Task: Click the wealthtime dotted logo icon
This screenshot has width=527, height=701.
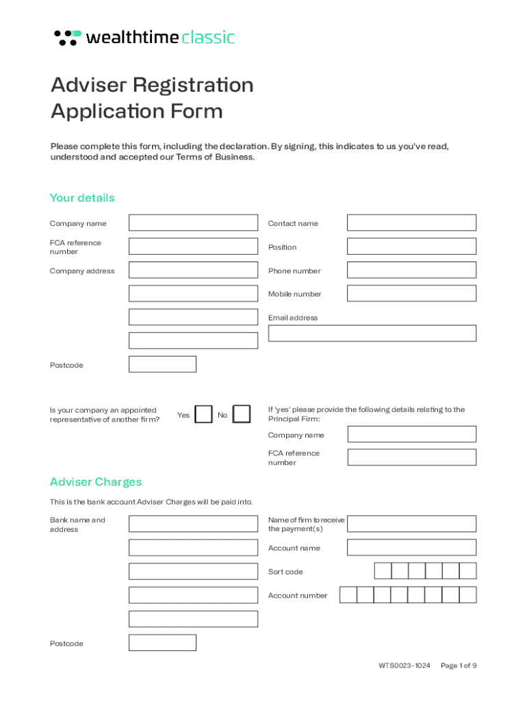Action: tap(67, 38)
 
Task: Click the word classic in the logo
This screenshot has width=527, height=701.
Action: tap(208, 38)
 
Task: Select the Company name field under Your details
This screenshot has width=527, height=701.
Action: tap(193, 223)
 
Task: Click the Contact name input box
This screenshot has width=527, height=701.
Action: tap(411, 223)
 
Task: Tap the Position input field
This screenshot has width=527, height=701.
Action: tap(411, 246)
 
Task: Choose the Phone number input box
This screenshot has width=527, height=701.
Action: tap(411, 270)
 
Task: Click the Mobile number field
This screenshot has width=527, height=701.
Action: tap(411, 294)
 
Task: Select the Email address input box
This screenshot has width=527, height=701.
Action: tap(372, 333)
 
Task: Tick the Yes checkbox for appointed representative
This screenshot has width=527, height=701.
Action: tap(203, 415)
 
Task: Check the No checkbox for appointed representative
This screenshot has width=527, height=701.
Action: tap(242, 415)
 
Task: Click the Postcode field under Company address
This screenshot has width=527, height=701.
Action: tap(162, 364)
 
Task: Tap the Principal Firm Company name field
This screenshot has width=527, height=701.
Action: tap(411, 435)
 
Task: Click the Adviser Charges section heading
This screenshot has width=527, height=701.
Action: tap(96, 482)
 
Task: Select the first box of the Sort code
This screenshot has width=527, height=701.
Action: tap(383, 572)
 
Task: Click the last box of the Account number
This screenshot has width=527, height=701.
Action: tap(467, 595)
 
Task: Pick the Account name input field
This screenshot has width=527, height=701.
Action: tap(411, 548)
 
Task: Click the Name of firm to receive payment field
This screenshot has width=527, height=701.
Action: tap(411, 524)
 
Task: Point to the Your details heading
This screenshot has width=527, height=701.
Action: tap(82, 198)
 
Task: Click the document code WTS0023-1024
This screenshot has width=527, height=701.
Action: tap(404, 665)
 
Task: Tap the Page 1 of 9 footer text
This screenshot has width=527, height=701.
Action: tap(459, 665)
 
